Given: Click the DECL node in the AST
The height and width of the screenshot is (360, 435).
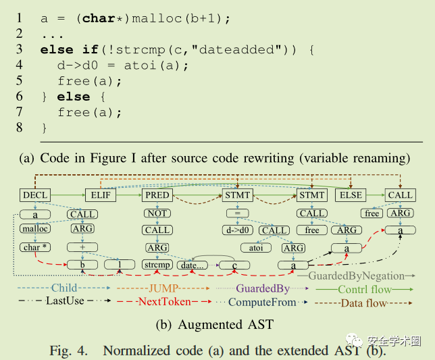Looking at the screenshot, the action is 35,195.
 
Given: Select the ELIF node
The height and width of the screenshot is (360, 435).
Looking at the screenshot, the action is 100,195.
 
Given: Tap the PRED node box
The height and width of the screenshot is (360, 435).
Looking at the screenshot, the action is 157,195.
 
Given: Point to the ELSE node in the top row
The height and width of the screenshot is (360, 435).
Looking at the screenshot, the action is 351,195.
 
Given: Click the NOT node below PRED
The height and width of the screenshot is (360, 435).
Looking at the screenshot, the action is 157,213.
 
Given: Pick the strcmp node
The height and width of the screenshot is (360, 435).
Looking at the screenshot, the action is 157,264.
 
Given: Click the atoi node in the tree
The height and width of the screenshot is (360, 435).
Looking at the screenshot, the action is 255,248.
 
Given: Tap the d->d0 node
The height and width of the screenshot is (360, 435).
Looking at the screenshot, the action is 238,230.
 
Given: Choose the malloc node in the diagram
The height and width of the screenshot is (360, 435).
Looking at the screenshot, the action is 34,230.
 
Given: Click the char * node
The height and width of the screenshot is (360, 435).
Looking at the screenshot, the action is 34,247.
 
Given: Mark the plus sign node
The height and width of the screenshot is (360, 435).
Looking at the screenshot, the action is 82,247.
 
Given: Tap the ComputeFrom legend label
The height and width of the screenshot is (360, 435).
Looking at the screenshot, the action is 262,301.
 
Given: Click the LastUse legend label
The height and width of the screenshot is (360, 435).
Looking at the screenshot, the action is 64,301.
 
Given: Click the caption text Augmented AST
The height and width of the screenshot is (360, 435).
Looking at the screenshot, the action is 226,325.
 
